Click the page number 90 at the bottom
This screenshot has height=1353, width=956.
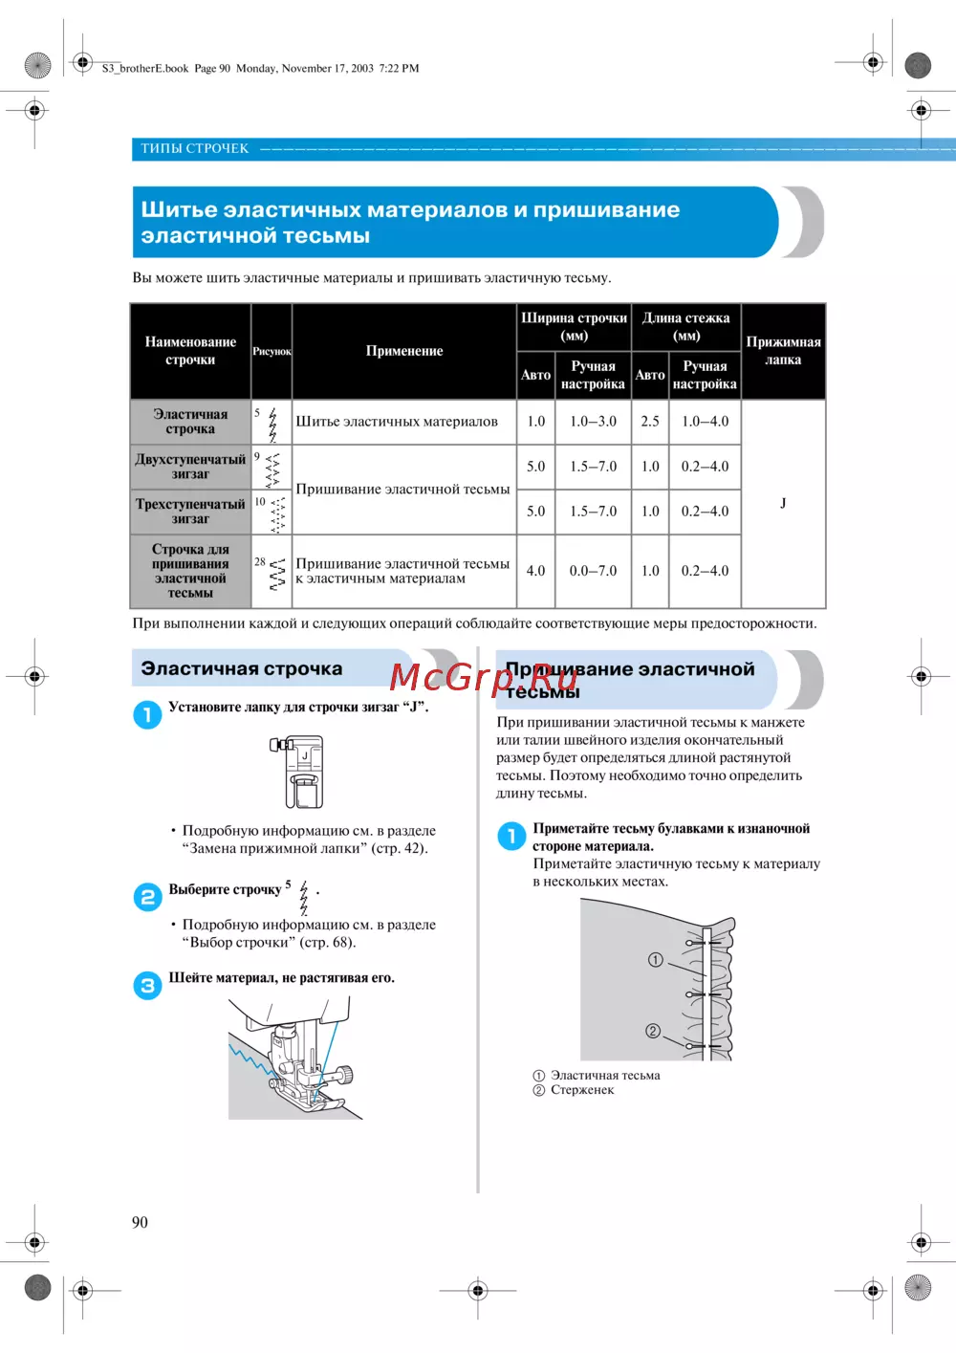[x=140, y=1222]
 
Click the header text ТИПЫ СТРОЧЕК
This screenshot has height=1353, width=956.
[x=194, y=148]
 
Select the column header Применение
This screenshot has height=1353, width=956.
[x=403, y=351]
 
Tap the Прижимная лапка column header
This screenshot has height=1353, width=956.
[x=783, y=351]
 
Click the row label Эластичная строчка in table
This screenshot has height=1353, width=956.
[x=190, y=422]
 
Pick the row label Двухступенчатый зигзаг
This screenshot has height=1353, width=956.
[x=190, y=467]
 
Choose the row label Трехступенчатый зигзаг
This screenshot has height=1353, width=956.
[x=190, y=512]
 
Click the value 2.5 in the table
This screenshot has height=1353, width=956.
[x=650, y=421]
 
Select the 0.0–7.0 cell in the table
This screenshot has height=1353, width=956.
[x=593, y=571]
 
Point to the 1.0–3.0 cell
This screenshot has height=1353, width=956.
[x=593, y=421]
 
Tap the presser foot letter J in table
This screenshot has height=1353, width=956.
[x=783, y=503]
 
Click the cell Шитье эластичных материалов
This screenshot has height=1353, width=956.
[x=397, y=421]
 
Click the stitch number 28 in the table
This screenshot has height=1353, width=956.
[x=260, y=562]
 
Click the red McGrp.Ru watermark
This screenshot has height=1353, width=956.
[x=483, y=678]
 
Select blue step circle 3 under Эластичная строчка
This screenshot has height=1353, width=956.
[x=147, y=986]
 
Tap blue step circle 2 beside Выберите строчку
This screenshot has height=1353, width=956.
[x=147, y=897]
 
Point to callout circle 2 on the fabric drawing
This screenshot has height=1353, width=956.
[x=653, y=1031]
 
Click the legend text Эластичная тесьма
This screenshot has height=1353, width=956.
[x=605, y=1076]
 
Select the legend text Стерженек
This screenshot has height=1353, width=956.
[x=582, y=1090]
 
